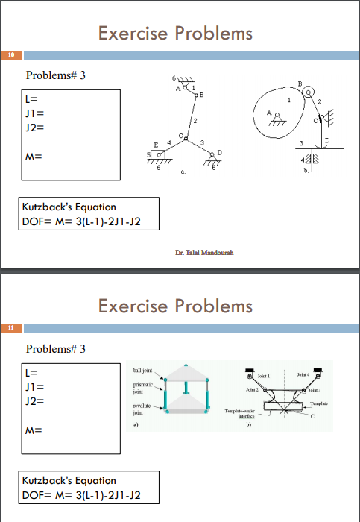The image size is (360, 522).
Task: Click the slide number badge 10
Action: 12,55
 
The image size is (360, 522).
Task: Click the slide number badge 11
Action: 12,327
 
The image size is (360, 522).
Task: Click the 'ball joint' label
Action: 143,370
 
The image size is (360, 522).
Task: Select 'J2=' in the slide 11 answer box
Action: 35,400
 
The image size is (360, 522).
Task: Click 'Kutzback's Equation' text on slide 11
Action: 69,480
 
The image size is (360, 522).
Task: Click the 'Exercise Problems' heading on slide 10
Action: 175,34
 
